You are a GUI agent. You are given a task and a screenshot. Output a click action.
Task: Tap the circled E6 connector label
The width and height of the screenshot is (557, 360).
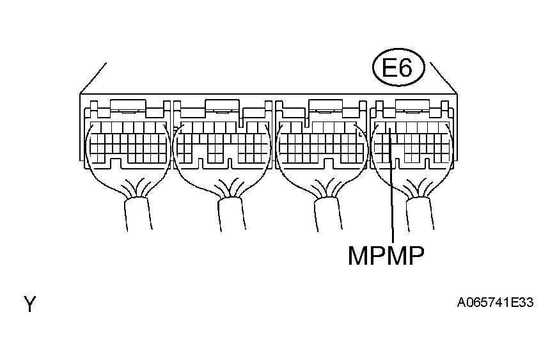click(396, 68)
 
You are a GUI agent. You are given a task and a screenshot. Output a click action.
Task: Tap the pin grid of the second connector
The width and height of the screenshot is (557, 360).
click(221, 142)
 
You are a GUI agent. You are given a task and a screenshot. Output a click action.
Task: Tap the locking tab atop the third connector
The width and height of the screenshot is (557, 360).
click(324, 106)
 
